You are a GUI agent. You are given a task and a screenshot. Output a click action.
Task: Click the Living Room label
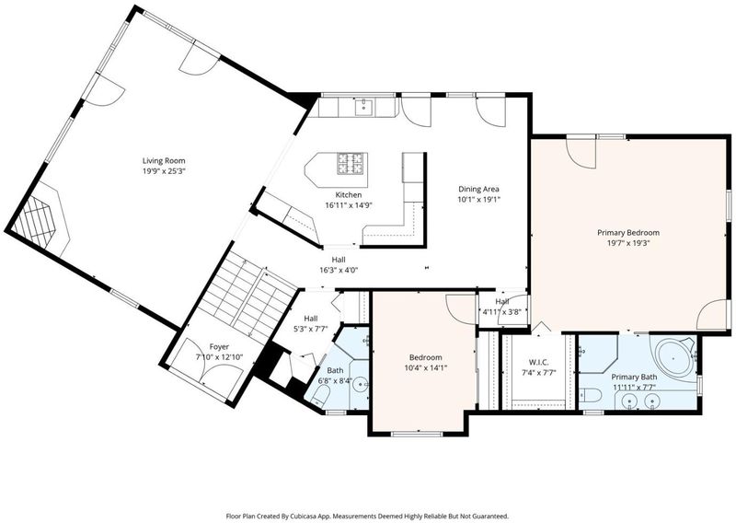[x=164, y=161]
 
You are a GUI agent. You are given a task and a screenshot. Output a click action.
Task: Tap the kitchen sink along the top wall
[x=363, y=107]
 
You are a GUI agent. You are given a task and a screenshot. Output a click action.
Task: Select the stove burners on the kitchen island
[x=351, y=164]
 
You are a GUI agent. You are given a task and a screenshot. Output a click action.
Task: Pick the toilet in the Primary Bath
[x=588, y=395]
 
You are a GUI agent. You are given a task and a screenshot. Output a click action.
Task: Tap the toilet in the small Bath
[x=318, y=397]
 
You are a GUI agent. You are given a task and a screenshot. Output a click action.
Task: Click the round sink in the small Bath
[x=361, y=384]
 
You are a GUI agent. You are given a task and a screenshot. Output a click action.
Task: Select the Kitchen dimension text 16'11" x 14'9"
[x=349, y=205]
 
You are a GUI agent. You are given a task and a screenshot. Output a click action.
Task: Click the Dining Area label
[x=478, y=189]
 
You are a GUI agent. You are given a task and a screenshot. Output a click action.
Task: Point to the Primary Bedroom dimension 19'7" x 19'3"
[x=628, y=243]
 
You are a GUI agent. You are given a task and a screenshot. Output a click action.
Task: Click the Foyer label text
[x=219, y=347]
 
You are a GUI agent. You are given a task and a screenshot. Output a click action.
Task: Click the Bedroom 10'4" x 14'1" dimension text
[x=425, y=368]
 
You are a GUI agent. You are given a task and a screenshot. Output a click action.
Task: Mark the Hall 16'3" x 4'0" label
[x=339, y=265]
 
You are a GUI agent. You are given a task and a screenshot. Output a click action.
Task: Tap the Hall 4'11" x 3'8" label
[x=502, y=307]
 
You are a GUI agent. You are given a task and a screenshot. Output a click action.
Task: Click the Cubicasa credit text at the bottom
[x=367, y=516]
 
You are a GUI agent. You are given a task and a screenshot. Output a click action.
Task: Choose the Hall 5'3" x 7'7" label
[x=310, y=324]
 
